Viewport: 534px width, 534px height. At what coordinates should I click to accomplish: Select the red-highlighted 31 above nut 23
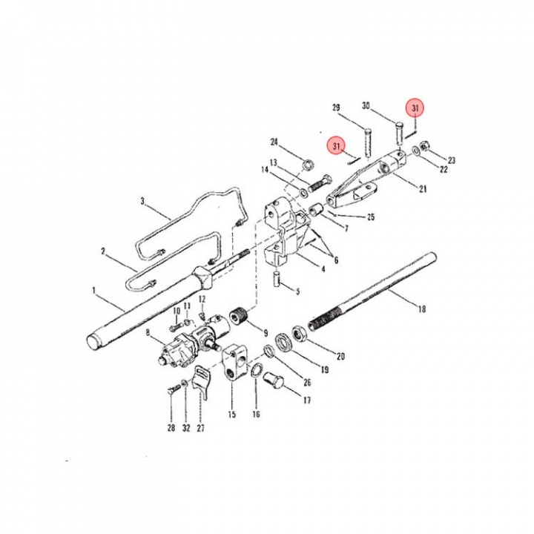416,109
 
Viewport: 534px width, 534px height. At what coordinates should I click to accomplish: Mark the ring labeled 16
254,371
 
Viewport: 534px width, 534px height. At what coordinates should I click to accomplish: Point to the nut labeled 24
307,163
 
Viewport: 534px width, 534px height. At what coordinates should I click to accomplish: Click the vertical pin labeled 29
368,140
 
